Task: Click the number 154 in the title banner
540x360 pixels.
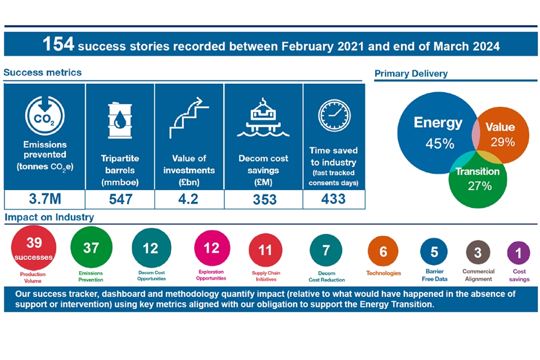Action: point(58,45)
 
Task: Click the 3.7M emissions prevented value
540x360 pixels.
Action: point(44,199)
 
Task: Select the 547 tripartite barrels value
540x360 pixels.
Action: point(120,199)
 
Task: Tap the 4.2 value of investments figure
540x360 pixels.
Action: point(189,199)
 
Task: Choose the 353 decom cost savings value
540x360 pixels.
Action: point(263,199)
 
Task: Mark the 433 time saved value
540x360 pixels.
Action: point(334,199)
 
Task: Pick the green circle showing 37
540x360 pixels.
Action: point(91,249)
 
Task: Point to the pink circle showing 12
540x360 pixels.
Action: point(211,248)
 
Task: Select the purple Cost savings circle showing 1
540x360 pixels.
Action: point(518,254)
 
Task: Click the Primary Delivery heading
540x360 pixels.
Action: point(411,74)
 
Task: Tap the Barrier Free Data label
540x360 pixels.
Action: point(434,275)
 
